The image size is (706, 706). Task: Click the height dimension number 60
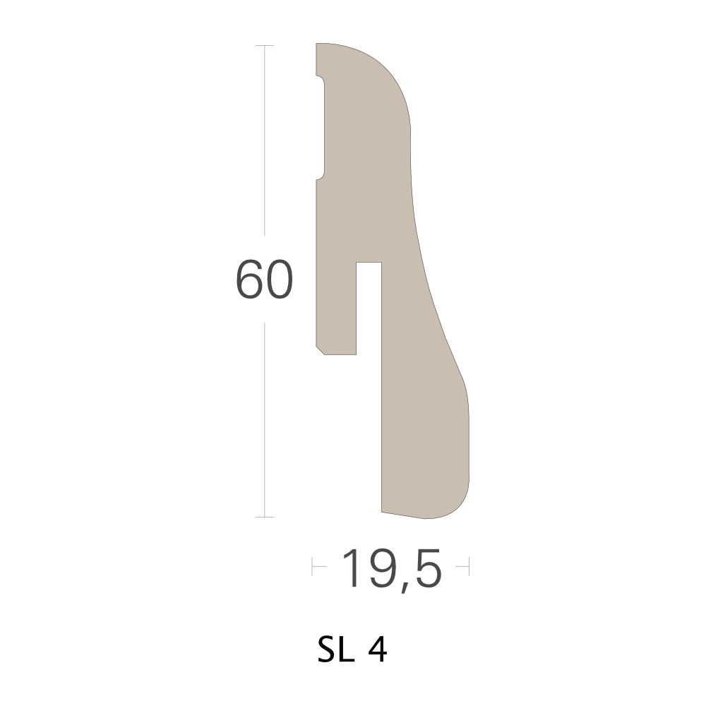pyautogui.click(x=264, y=279)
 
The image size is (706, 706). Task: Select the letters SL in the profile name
pyautogui.click(x=336, y=650)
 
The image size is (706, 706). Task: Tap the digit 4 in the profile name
pyautogui.click(x=377, y=650)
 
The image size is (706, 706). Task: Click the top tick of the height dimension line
pyautogui.click(x=264, y=45)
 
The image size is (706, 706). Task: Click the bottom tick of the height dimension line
pyautogui.click(x=264, y=517)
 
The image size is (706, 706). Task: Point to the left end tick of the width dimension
pyautogui.click(x=313, y=566)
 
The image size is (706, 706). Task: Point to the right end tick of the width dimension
pyautogui.click(x=469, y=566)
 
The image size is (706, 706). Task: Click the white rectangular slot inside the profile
pyautogui.click(x=369, y=308)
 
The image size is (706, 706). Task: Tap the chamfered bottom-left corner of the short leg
pyautogui.click(x=320, y=350)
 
